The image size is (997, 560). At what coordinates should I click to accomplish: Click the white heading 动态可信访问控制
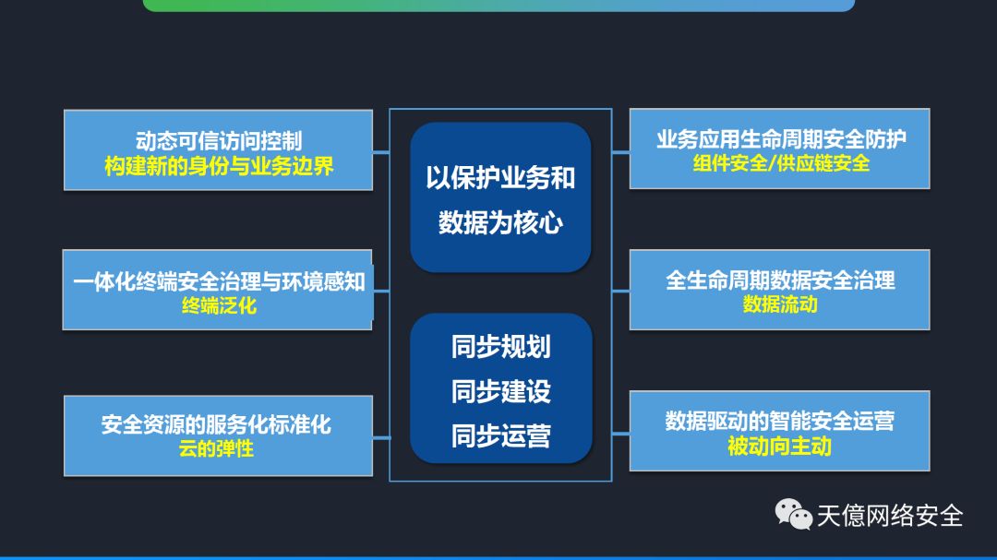[x=218, y=142]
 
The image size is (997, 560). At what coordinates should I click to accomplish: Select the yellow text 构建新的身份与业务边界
[x=218, y=167]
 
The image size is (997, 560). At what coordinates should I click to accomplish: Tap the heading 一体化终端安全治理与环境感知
[x=219, y=281]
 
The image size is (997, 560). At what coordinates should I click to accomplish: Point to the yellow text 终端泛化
[x=219, y=305]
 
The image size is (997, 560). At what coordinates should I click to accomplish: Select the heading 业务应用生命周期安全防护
[x=781, y=139]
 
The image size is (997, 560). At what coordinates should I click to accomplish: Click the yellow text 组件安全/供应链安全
[x=781, y=163]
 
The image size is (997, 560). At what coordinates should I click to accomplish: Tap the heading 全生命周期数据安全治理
[x=780, y=280]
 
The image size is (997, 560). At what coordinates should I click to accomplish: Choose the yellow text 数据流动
[x=780, y=304]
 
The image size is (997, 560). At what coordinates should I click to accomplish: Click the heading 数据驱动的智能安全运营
[x=780, y=422]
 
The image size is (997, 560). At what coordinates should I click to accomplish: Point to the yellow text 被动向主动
[x=780, y=447]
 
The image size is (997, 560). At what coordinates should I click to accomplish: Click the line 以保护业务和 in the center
[x=500, y=178]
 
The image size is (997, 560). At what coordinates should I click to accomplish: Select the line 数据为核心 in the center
[x=500, y=222]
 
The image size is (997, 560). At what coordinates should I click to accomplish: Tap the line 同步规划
[x=500, y=347]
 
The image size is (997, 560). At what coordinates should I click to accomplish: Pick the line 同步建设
[x=500, y=391]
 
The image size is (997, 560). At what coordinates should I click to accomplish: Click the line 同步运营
[x=500, y=435]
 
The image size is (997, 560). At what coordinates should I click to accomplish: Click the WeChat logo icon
[x=792, y=514]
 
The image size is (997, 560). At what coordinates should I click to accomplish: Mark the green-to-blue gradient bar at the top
[x=498, y=5]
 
